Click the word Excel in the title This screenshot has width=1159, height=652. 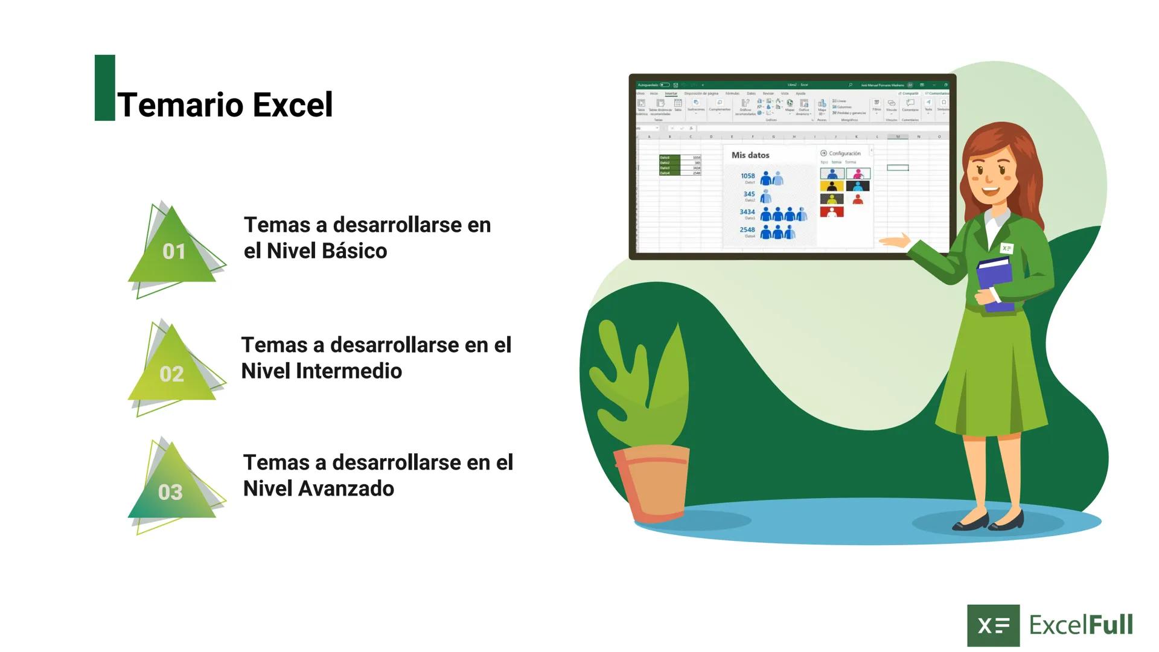click(292, 105)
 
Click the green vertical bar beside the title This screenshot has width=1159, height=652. click(104, 88)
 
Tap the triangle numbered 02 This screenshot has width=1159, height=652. click(171, 369)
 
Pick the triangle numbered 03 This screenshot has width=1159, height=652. click(171, 488)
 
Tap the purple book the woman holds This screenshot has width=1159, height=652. click(996, 284)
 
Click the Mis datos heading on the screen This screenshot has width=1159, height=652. click(750, 155)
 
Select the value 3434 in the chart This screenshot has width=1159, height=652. click(747, 212)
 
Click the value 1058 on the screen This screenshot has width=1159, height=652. click(747, 176)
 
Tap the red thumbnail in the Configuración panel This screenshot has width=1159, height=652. click(831, 212)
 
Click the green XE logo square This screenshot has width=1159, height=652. click(993, 625)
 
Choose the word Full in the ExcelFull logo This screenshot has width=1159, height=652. click(1110, 625)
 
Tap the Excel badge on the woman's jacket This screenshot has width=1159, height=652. click(1006, 248)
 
